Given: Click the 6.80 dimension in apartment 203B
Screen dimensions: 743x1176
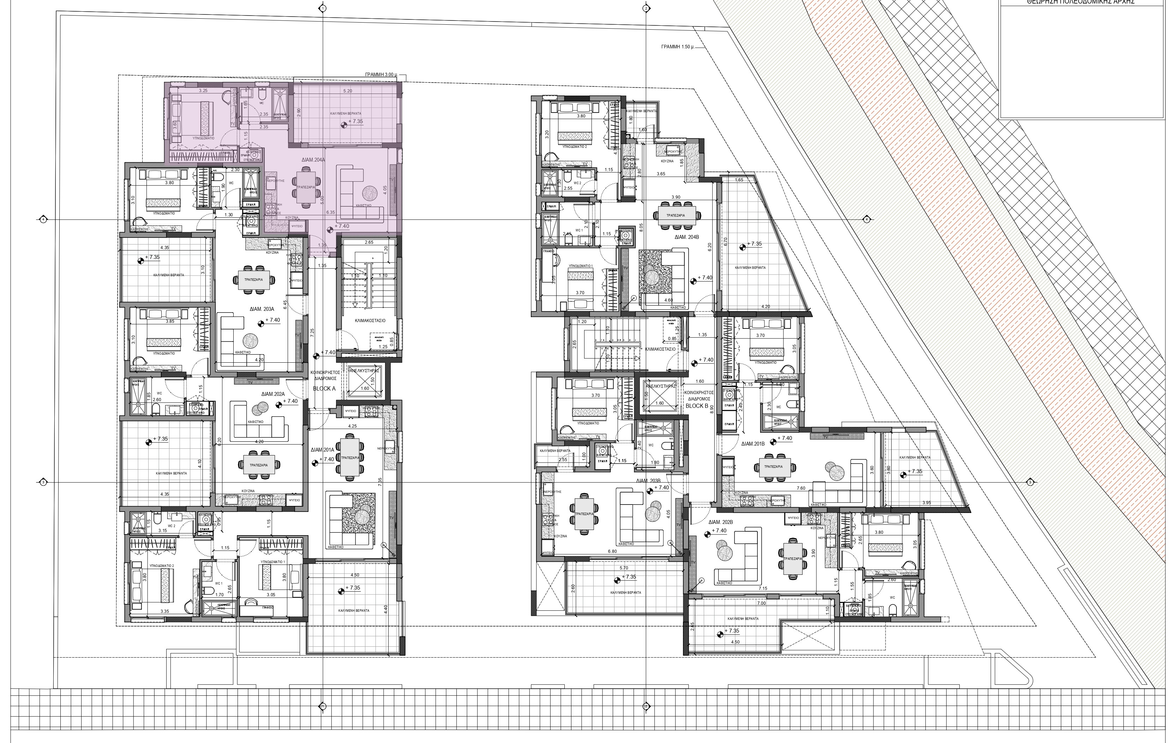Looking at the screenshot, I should [612, 551].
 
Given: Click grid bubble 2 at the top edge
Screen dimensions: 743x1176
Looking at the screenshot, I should [646, 8].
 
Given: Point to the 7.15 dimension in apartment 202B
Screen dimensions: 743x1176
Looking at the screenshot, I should [763, 588].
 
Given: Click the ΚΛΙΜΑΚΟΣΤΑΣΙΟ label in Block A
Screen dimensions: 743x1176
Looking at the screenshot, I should [370, 321].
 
